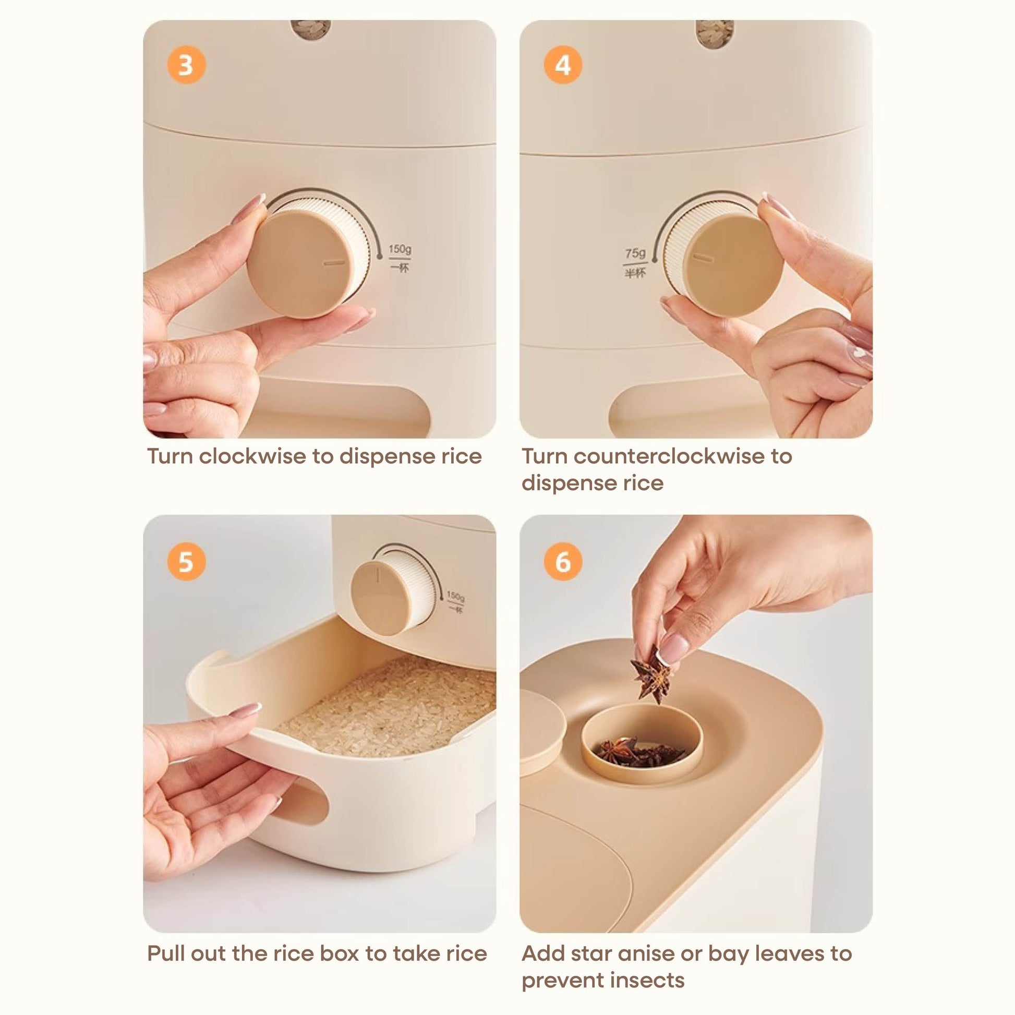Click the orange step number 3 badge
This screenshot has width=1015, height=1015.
tap(186, 65)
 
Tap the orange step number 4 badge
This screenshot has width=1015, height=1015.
tap(563, 65)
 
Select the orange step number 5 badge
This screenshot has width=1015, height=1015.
tap(186, 562)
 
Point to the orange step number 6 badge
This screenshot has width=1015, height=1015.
tap(563, 562)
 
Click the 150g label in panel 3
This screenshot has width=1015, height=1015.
tap(400, 248)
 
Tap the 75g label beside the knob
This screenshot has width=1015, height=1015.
tap(635, 253)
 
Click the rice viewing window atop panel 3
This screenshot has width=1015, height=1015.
tap(310, 29)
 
